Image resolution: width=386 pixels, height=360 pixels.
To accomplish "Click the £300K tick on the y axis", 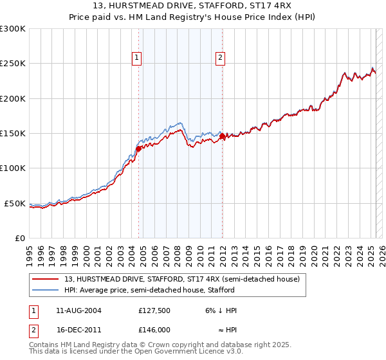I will click(14, 29).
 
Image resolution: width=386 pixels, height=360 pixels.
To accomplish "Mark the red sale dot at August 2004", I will click(138, 149).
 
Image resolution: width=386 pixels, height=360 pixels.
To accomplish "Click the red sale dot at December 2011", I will click(222, 136).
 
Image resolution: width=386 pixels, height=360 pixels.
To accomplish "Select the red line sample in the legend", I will click(46, 280).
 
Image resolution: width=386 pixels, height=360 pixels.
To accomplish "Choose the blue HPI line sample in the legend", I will click(46, 291).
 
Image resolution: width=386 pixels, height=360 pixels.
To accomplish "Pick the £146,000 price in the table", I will click(154, 329).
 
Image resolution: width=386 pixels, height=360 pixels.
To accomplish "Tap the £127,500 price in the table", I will click(154, 310).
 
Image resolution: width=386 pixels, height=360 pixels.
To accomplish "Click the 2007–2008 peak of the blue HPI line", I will click(180, 122).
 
